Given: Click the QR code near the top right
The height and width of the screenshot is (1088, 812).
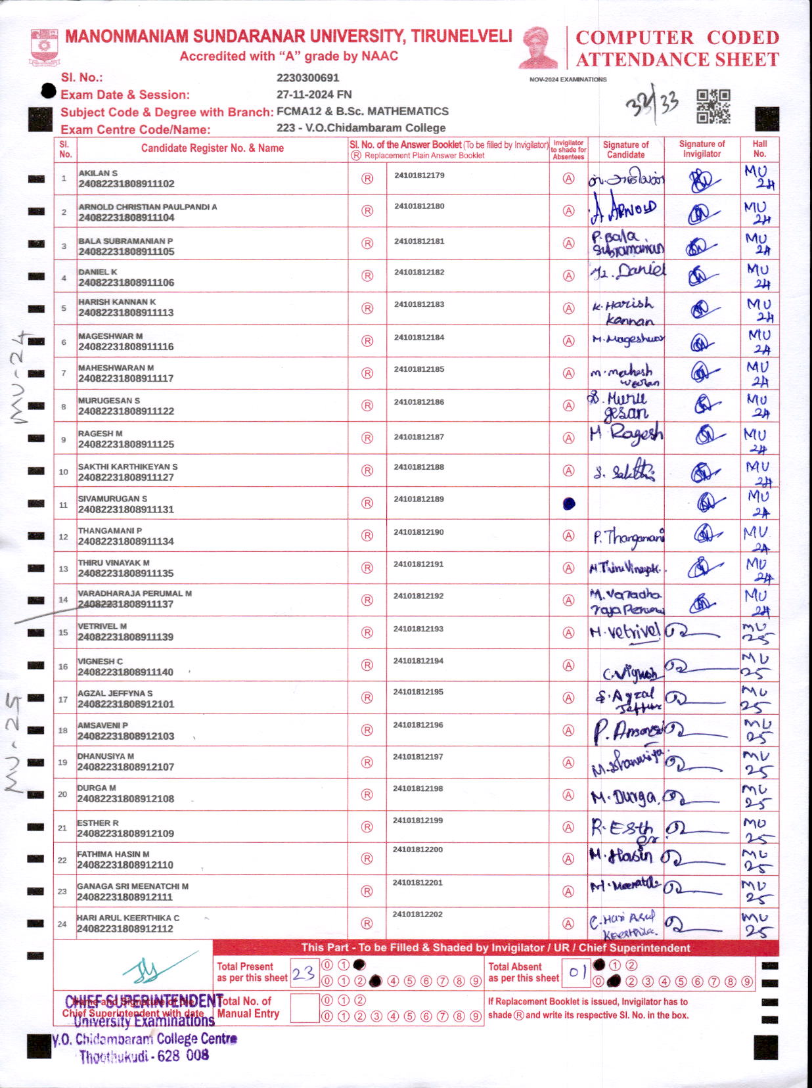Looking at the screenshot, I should (x=713, y=106).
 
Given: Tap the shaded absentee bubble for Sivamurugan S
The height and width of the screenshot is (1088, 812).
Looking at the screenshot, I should (x=569, y=504).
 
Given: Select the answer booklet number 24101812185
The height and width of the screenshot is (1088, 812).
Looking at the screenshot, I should (x=419, y=369).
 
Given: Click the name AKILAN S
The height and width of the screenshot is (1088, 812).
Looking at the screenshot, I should (x=98, y=173).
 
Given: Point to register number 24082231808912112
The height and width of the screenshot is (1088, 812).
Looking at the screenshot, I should (x=125, y=929).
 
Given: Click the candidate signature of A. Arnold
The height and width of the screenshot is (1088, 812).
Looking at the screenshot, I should (x=623, y=210).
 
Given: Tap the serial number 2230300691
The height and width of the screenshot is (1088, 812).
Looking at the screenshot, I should (x=307, y=78).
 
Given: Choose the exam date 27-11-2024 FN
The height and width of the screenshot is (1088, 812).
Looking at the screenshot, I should (x=314, y=95).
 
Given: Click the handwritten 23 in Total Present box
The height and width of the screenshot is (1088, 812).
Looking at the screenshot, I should (x=303, y=972).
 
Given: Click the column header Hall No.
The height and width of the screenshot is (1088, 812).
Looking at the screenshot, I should (x=759, y=149).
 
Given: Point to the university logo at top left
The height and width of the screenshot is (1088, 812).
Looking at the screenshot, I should (x=44, y=46).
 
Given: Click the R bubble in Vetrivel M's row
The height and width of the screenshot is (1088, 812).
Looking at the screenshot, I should (x=367, y=633).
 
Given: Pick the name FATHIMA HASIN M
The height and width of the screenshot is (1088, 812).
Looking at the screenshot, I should (x=113, y=854).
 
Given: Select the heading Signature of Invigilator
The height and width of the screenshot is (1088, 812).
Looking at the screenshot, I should (x=702, y=149).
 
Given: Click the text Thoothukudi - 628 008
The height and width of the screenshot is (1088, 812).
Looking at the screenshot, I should (x=144, y=1056).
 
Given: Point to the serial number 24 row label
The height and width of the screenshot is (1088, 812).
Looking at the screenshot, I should (x=62, y=924).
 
